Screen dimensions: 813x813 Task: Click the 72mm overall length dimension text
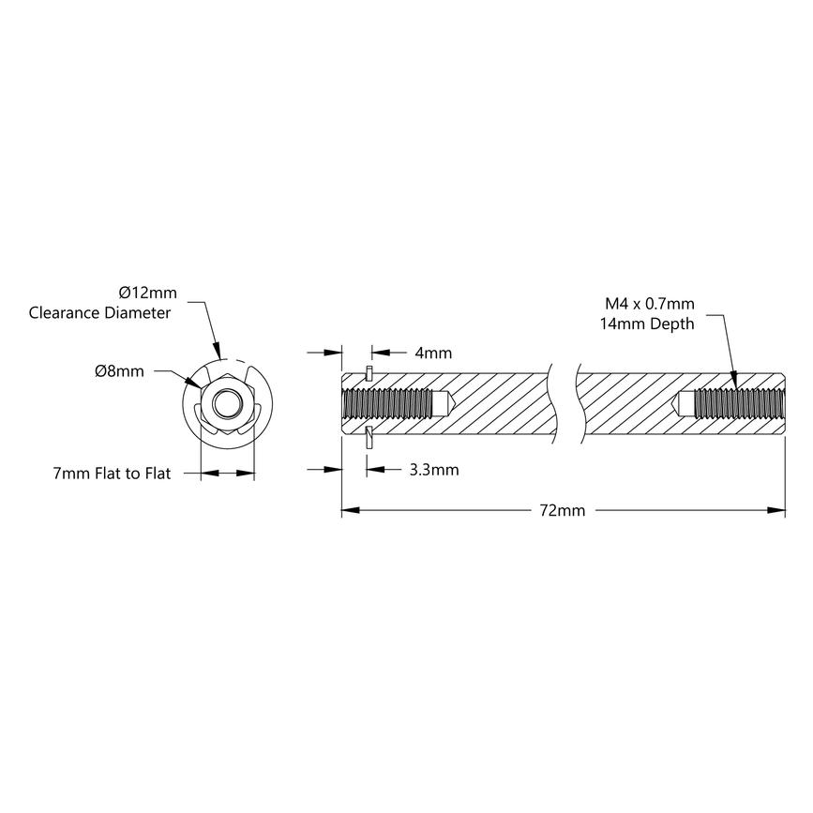[x=563, y=511]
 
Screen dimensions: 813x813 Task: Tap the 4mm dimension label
[x=432, y=354]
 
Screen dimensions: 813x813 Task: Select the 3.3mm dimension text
[x=434, y=470]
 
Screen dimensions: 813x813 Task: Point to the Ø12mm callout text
[x=147, y=293]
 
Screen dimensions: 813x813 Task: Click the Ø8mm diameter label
[x=119, y=371]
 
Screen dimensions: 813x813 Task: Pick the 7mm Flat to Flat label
[x=112, y=474]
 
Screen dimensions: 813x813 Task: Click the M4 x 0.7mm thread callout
[x=649, y=304]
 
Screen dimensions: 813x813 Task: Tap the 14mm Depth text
[x=646, y=324]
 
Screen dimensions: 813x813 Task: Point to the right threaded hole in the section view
[x=737, y=404]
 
